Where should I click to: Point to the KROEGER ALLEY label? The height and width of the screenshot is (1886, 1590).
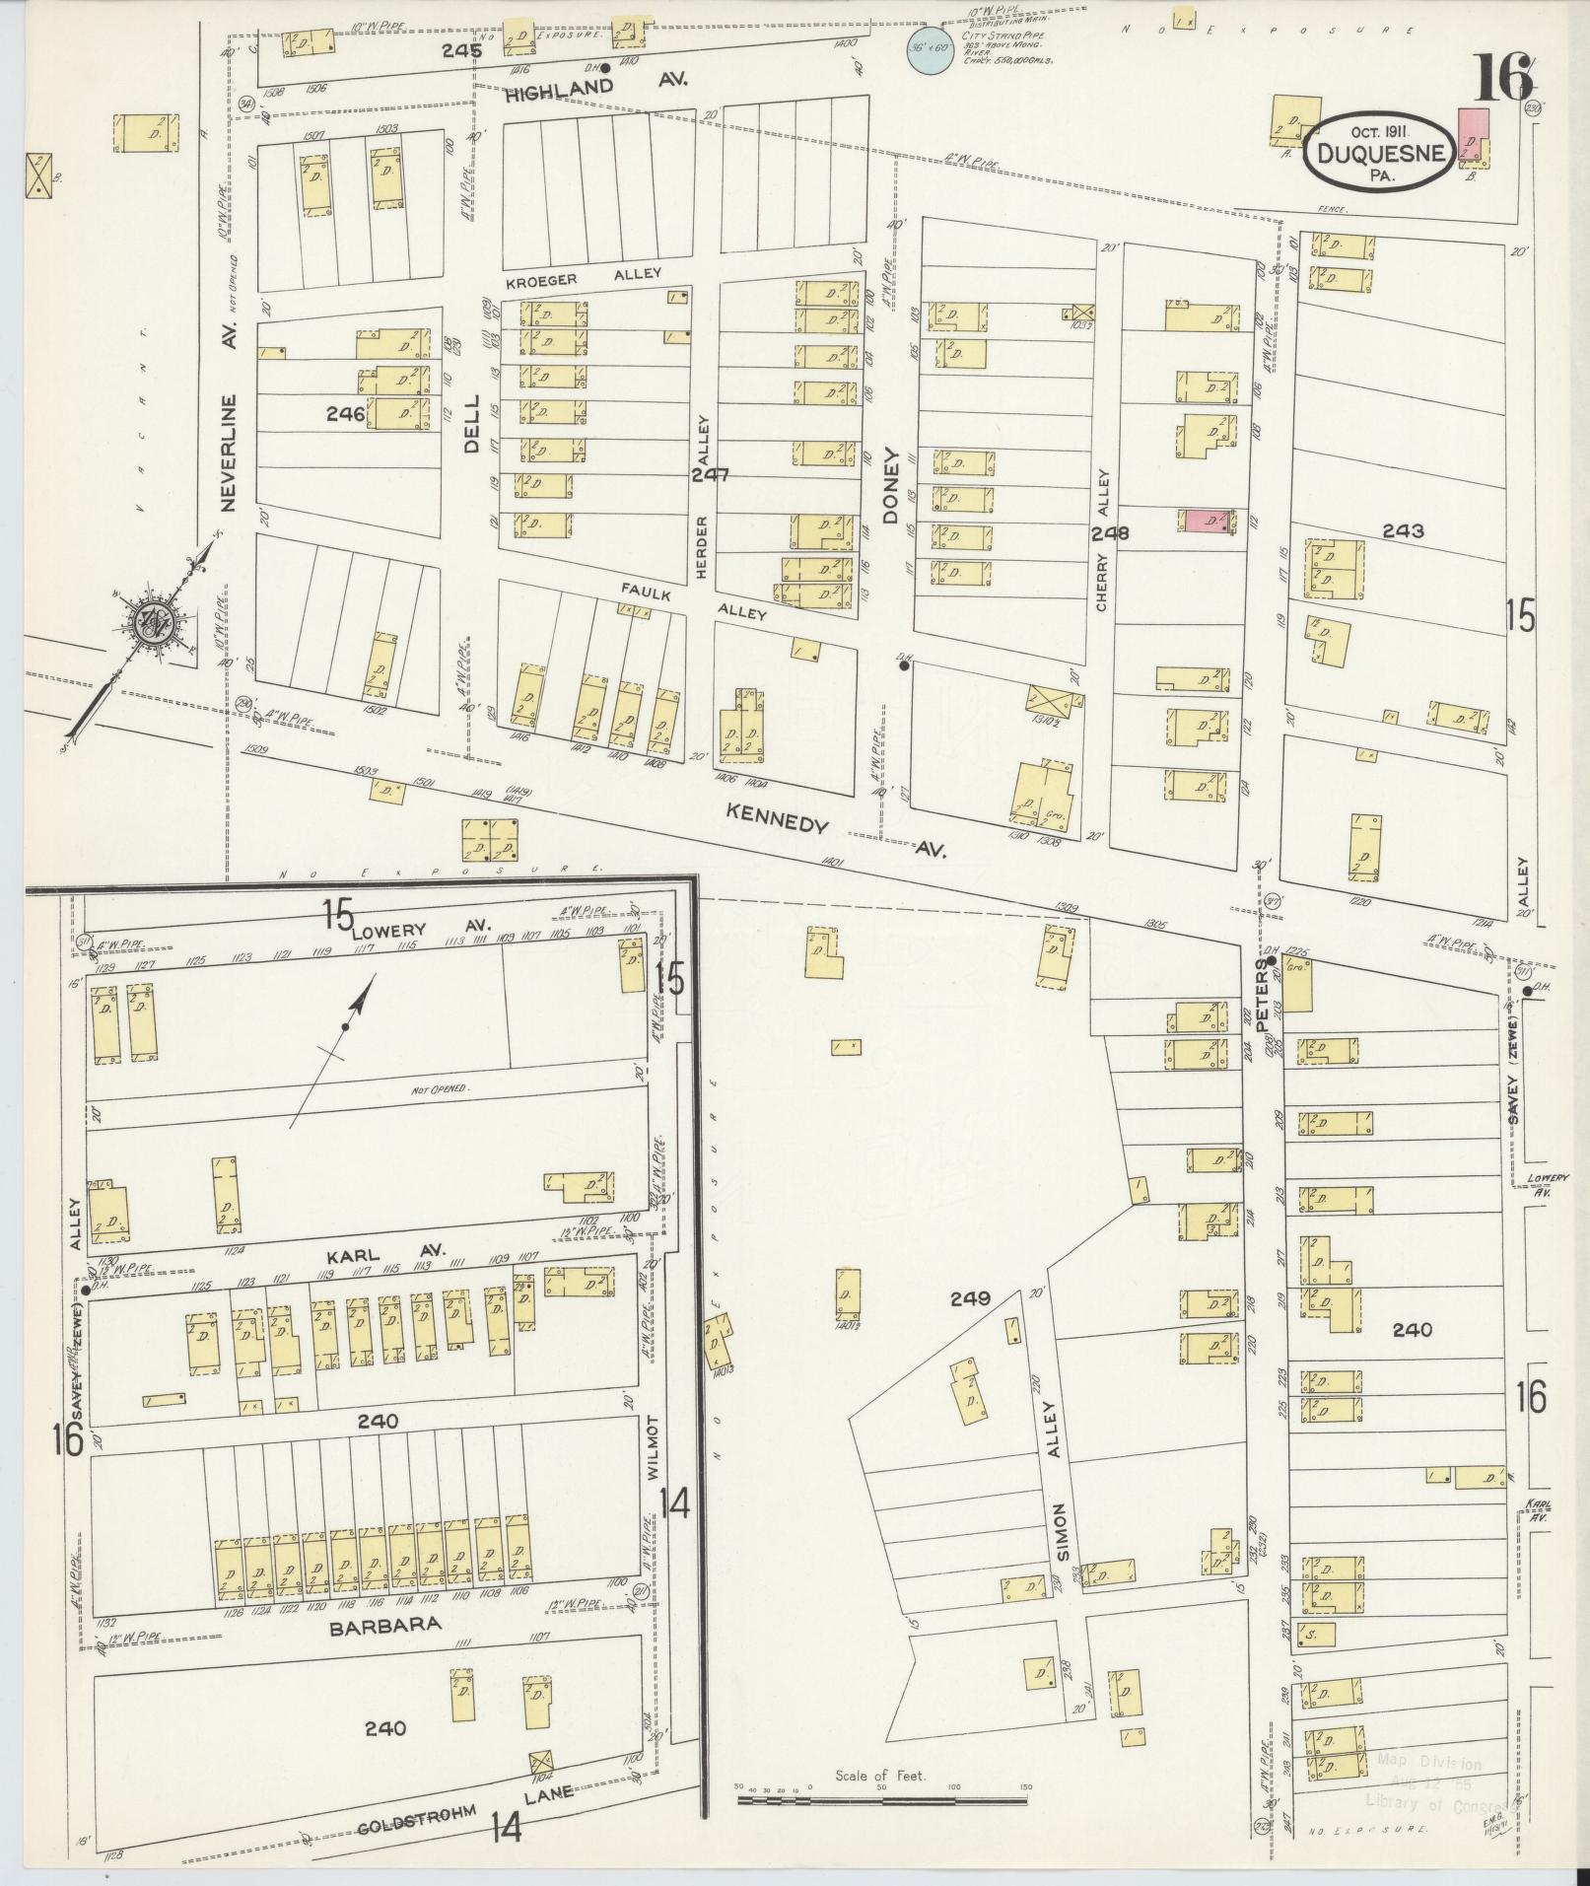click(x=583, y=277)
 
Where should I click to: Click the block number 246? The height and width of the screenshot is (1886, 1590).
click(x=346, y=415)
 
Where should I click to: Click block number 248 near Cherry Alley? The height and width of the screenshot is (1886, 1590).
click(x=1109, y=533)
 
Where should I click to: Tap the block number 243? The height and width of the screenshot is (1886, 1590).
click(x=1403, y=530)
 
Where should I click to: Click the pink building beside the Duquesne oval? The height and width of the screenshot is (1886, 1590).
click(x=1475, y=136)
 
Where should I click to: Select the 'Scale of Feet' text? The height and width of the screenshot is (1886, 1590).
click(x=880, y=1775)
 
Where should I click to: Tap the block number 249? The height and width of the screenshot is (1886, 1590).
click(x=970, y=1298)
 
